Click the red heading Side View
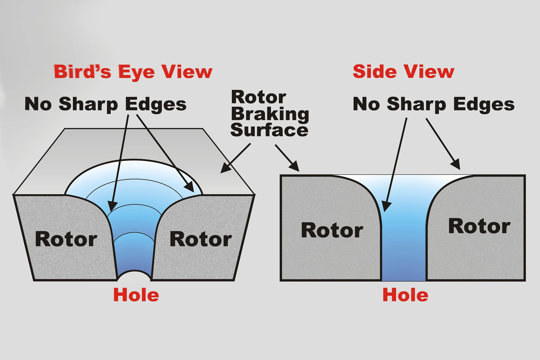pos(404,71)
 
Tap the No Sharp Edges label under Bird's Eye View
pos(106,105)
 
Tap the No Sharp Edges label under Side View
pos(434,105)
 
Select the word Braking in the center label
pos(270,115)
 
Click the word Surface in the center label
pos(270,130)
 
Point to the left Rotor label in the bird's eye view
pos(66,239)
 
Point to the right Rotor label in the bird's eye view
pos(201,239)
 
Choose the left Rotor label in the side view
pos(332,230)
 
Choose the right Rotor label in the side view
pos(480,226)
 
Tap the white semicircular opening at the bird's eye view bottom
pos(134,276)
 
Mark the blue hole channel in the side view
pos(404,241)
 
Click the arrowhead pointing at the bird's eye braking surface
pos(225,168)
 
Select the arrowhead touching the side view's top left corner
pos(295,167)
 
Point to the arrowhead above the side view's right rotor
pos(456,164)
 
